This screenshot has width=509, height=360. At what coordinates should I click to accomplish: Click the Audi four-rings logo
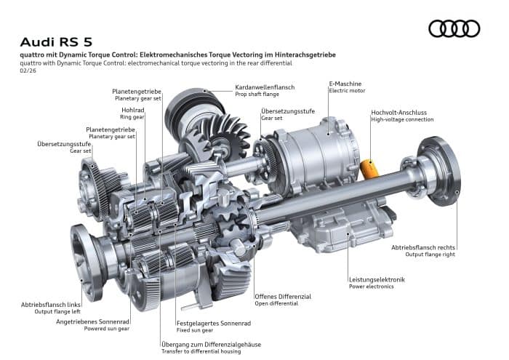454,28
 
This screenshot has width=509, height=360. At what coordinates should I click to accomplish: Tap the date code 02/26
28,71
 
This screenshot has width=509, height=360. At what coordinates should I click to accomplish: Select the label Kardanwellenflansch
265,87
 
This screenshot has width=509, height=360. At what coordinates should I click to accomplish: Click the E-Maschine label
345,84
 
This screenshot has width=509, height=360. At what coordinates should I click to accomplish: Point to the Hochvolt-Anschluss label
398,112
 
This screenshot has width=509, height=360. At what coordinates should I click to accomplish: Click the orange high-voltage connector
370,169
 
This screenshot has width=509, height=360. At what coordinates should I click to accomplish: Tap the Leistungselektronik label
377,279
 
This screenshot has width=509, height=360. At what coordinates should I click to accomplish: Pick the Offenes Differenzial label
283,297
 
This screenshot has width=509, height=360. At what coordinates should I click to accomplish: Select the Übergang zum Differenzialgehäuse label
212,344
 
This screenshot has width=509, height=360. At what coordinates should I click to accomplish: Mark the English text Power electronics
371,287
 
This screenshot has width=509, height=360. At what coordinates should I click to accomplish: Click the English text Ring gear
133,117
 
